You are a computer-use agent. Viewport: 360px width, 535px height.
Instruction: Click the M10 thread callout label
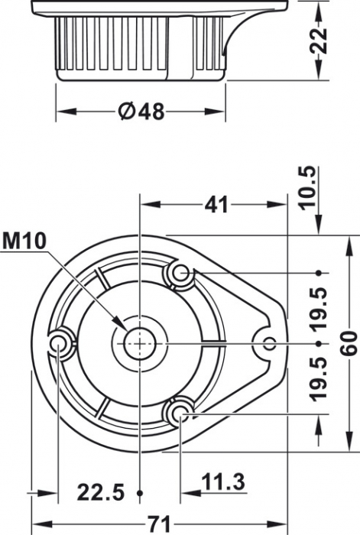(x=24, y=241)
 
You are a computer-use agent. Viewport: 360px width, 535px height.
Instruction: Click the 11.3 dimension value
(x=223, y=482)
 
